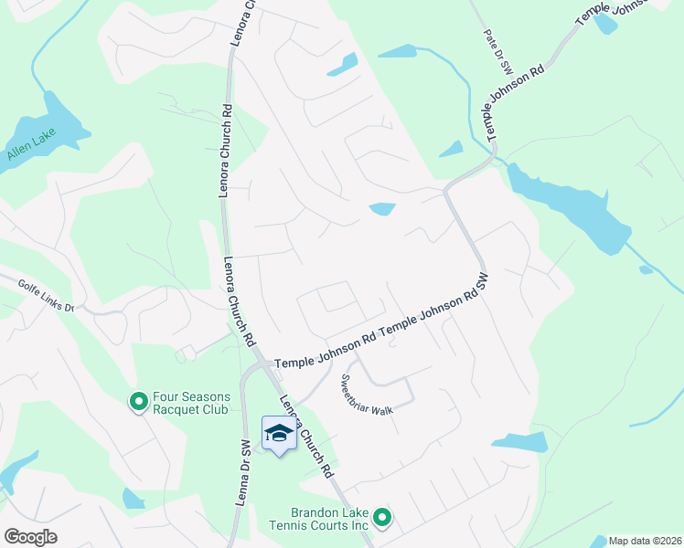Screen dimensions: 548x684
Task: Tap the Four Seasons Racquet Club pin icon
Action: point(139,401)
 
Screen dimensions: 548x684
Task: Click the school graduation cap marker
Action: point(279,433)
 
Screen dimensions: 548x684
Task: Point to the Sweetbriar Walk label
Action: point(367,395)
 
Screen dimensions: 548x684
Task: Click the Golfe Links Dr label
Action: point(46,296)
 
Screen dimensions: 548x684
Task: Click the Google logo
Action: point(30,536)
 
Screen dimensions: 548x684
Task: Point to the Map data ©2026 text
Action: point(645,541)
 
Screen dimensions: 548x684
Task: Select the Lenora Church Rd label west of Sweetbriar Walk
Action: point(305,436)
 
